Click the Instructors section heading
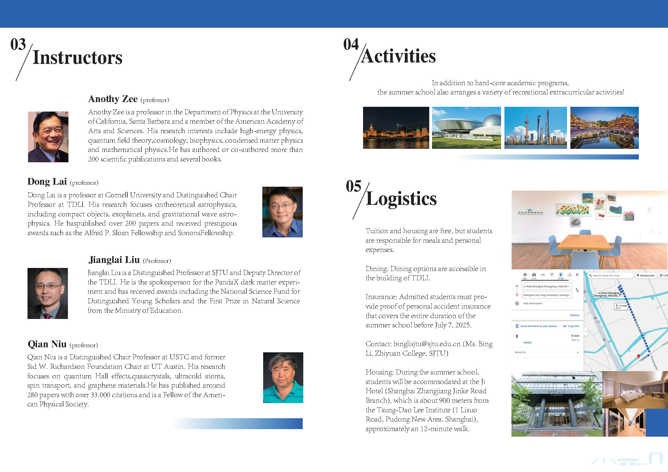point(77,57)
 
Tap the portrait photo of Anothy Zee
point(48,136)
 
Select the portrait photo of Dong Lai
point(282,212)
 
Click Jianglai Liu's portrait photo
point(47,293)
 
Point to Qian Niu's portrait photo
point(283,378)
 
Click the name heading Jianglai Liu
point(114,260)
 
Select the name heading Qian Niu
point(47,344)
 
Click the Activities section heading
point(398,56)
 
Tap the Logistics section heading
point(401,198)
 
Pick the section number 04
point(351,44)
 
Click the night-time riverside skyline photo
point(396,128)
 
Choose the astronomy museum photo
point(466,128)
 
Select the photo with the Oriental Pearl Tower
point(535,128)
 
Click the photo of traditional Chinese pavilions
point(604,128)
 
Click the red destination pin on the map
point(639,356)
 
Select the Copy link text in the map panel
point(573,326)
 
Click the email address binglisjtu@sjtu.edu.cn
point(427,344)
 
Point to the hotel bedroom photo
point(635,390)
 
